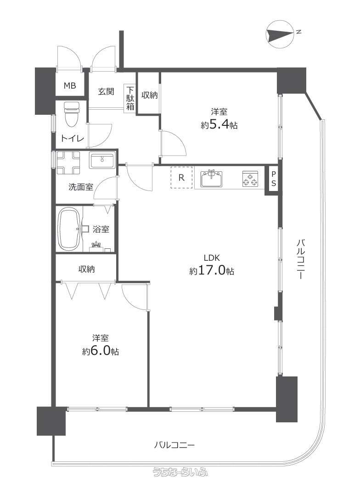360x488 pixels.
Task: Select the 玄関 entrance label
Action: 106,91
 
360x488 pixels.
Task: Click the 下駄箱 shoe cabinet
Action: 130,98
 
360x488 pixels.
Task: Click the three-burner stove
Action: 250,179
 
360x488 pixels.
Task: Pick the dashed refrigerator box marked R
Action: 181,177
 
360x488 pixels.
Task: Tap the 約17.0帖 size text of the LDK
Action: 212,271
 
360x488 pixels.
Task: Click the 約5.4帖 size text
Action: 219,125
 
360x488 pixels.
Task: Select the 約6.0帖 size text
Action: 100,351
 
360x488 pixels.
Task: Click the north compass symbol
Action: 280,34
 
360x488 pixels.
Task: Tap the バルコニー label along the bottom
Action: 174,445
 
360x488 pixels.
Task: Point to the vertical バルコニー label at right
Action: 300,258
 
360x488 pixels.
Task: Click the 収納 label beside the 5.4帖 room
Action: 150,95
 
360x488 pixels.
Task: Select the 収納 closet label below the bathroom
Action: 86,269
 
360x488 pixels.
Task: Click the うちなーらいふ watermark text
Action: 180,472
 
